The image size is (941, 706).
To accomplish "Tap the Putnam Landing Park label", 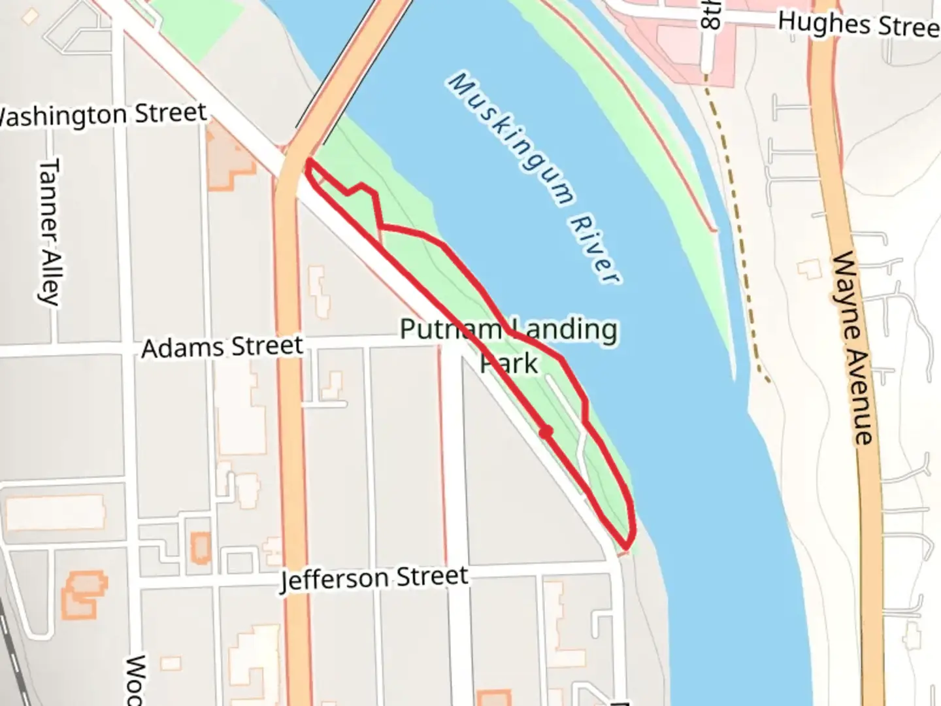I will pyautogui.click(x=508, y=345).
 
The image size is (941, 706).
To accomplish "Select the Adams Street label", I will pyautogui.click(x=222, y=347).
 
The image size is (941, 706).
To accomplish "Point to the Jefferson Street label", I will pyautogui.click(x=374, y=578).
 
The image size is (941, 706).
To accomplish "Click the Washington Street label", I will pyautogui.click(x=101, y=116).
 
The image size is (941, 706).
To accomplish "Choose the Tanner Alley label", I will pyautogui.click(x=48, y=231).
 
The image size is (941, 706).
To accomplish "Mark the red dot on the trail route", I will pyautogui.click(x=546, y=431).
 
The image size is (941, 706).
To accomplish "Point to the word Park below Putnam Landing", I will pyautogui.click(x=509, y=363).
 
